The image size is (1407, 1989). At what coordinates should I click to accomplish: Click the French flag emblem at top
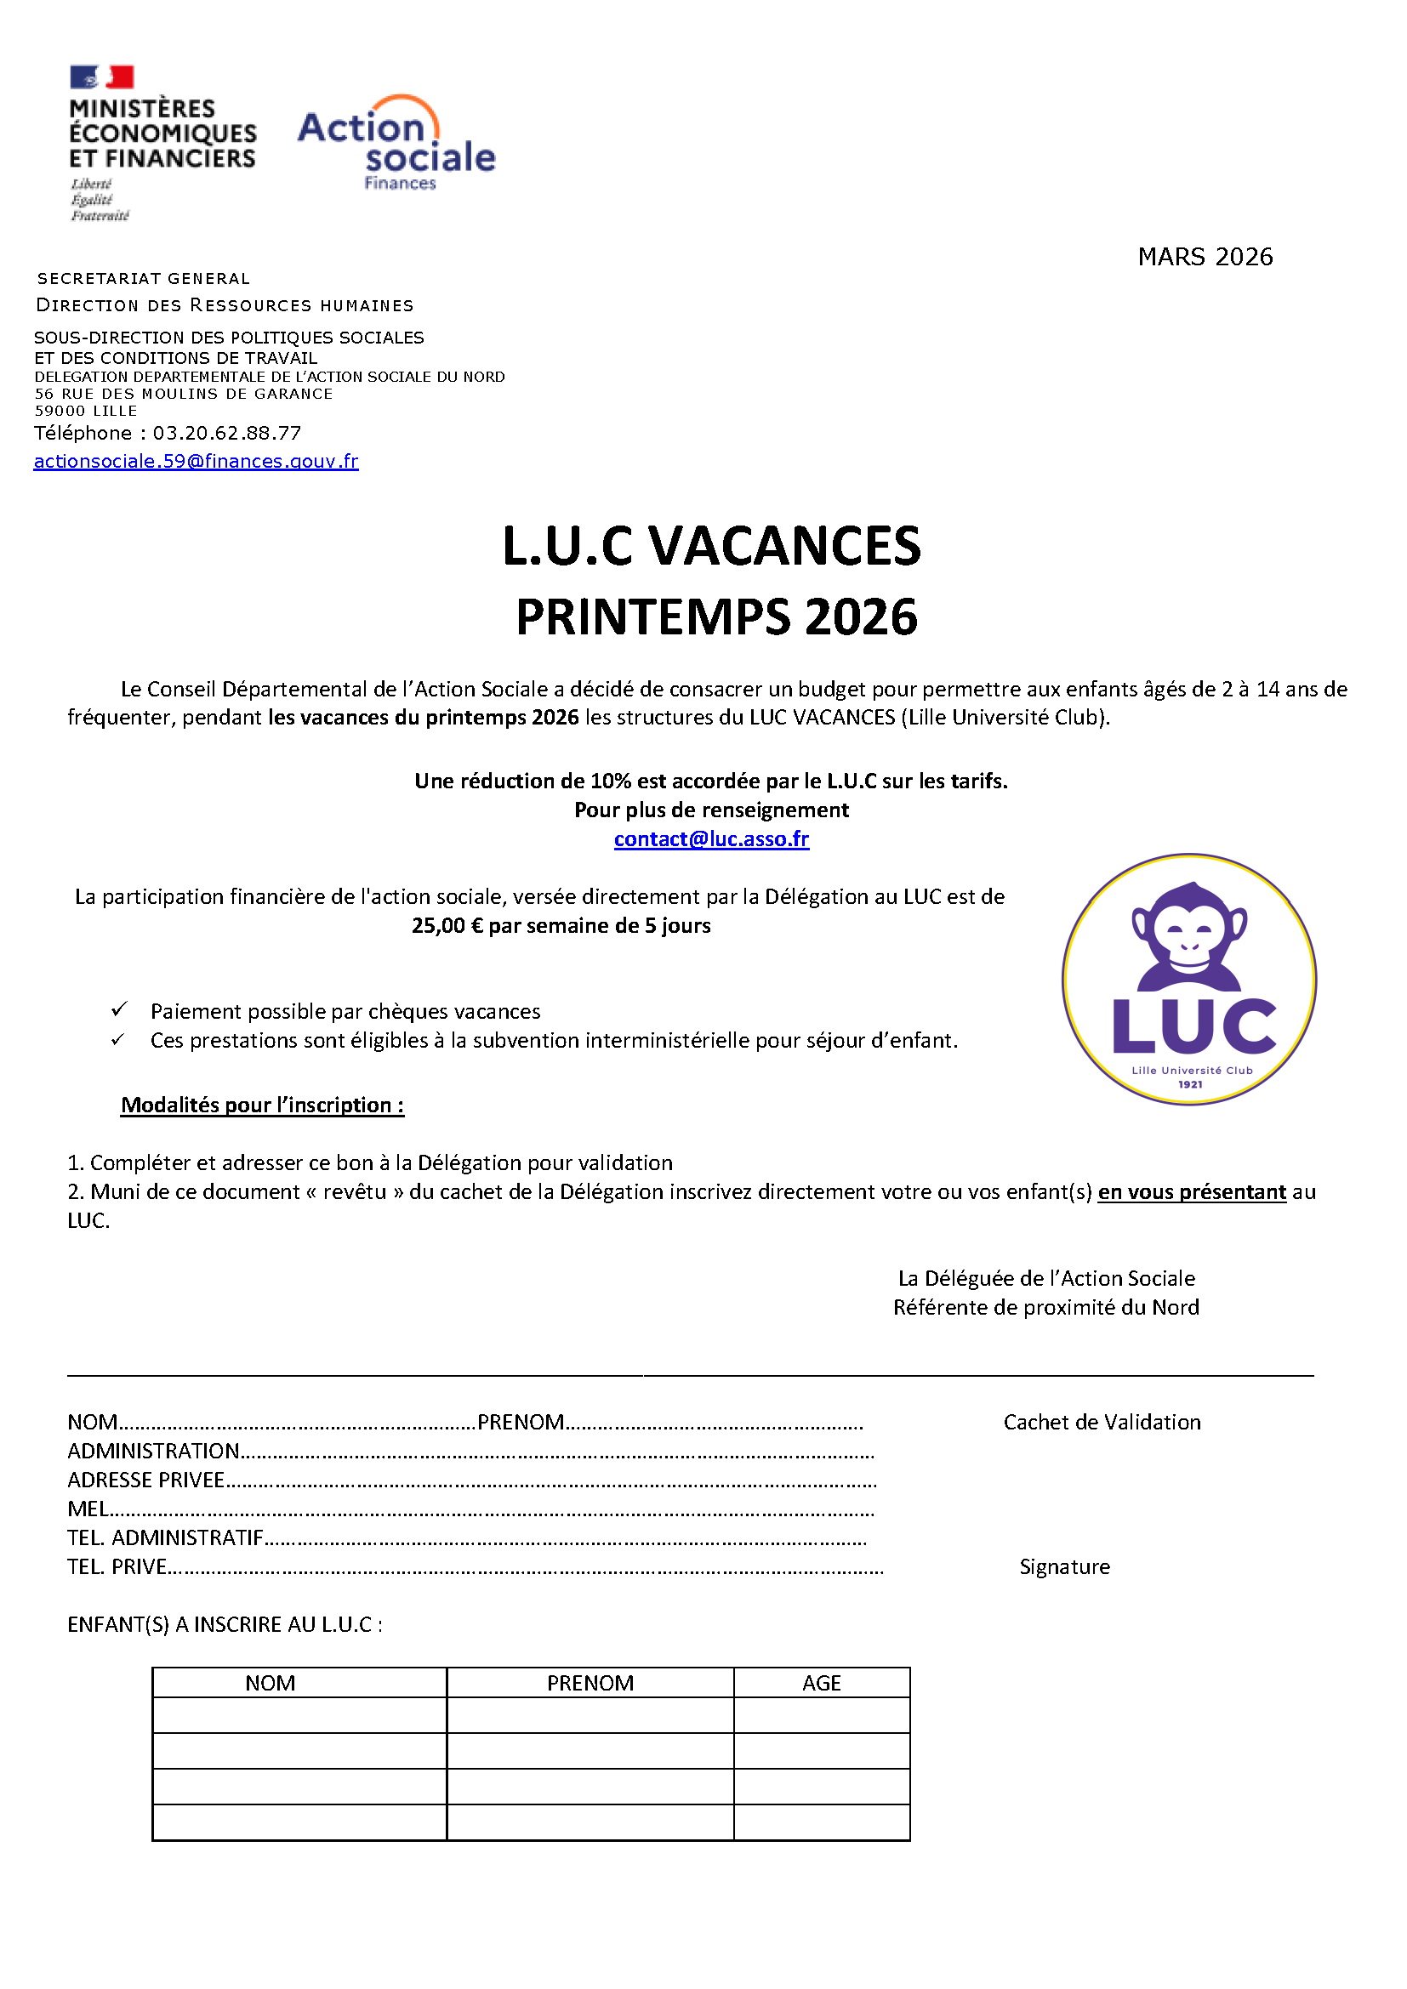coord(102,77)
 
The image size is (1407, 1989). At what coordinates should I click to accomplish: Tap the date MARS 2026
coord(1205,257)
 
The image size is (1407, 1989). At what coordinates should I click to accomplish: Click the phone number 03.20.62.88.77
coord(227,433)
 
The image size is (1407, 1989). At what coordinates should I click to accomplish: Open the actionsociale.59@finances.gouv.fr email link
coord(196,461)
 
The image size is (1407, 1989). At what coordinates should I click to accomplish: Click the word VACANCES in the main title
coord(784,547)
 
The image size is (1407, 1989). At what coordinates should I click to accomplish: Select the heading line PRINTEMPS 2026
coord(715,617)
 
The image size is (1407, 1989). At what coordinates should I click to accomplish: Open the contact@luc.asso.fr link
coord(711,838)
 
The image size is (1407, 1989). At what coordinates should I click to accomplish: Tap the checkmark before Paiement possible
coord(120,1009)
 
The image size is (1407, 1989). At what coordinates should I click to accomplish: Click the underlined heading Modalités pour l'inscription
coord(262,1105)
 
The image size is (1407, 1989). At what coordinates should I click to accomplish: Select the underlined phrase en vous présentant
coord(1191,1191)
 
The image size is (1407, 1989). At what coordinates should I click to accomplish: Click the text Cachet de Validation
coord(1101,1422)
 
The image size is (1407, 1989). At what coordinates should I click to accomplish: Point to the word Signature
coord(1064,1566)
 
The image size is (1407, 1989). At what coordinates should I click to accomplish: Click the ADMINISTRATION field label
coord(153,1451)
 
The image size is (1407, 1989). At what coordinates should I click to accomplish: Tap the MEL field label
coord(88,1509)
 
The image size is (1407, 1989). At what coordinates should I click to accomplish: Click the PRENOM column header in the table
coord(590,1682)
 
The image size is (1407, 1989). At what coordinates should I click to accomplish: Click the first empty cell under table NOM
coord(299,1714)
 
